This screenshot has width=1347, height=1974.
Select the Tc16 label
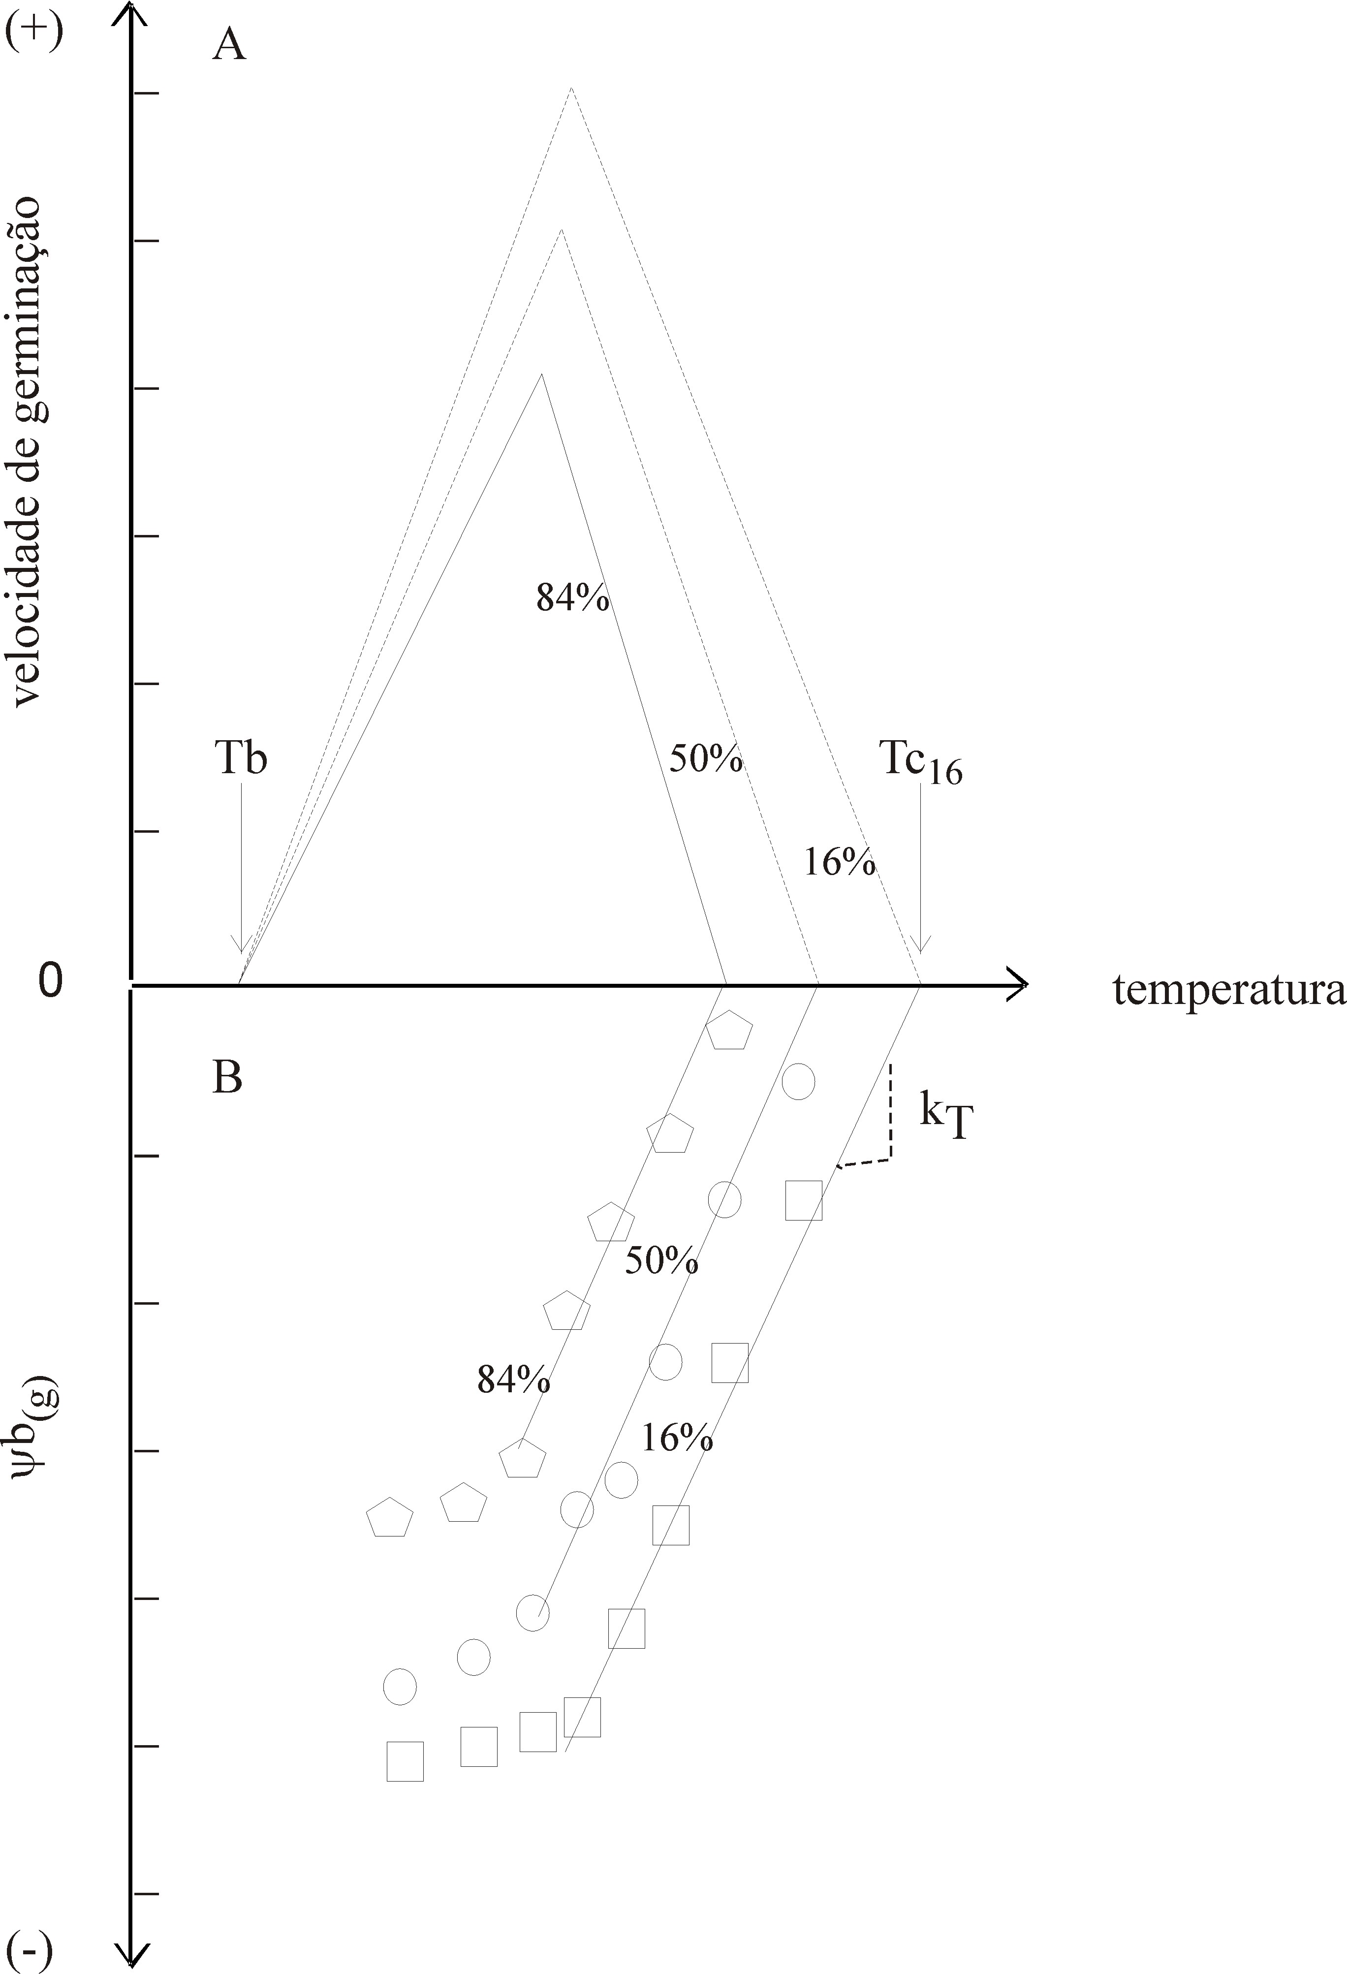(920, 759)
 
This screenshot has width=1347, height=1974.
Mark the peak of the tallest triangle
(571, 88)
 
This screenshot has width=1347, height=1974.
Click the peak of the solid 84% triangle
(541, 374)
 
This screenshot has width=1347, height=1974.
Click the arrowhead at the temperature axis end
(1019, 985)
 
